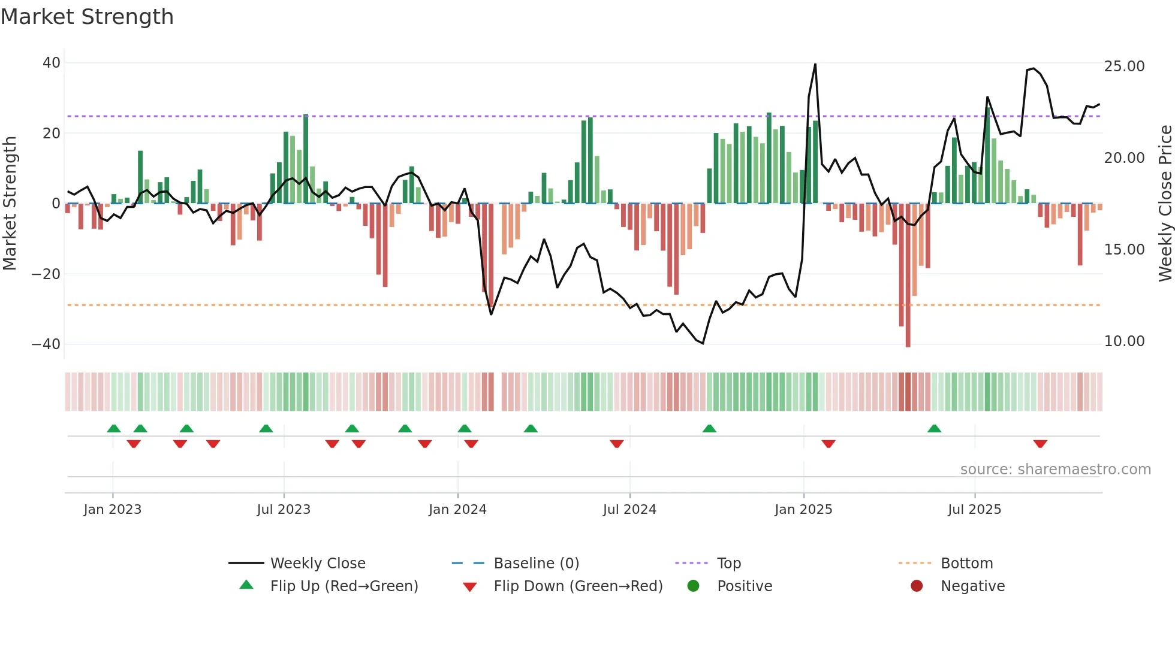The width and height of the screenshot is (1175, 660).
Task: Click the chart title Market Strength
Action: [x=88, y=17]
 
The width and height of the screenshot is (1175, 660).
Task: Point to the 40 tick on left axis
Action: [x=52, y=63]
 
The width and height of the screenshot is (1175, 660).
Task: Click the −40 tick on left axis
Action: [x=46, y=344]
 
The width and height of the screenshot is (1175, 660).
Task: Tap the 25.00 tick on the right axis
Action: [x=1124, y=66]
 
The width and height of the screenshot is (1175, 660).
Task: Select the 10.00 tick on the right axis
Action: [x=1124, y=341]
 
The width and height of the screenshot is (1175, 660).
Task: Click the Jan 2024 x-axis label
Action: [x=457, y=510]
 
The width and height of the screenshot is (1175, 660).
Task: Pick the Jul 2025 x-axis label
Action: [x=974, y=510]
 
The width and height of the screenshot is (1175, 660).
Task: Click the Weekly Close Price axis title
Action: [x=1165, y=204]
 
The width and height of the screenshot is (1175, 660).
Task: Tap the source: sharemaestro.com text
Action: [x=1055, y=470]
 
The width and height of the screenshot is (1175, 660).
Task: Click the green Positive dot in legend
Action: [x=694, y=586]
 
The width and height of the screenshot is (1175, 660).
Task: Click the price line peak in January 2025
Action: [x=815, y=64]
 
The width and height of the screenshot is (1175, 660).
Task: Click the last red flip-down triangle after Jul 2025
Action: [x=1040, y=444]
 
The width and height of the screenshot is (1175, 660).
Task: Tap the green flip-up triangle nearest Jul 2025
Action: [x=934, y=428]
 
